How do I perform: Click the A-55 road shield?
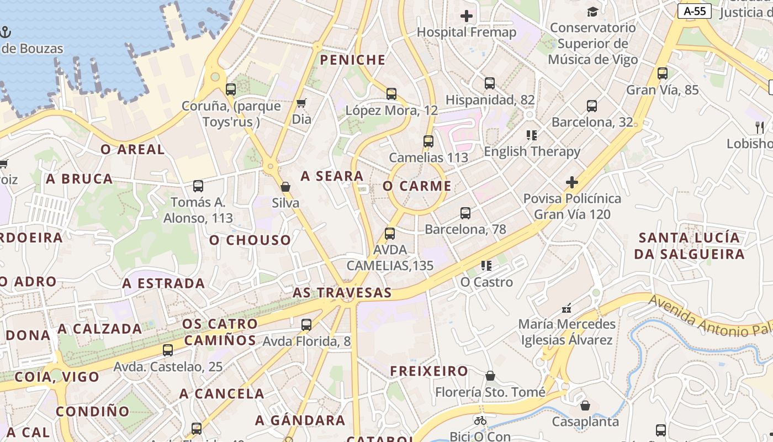point(694,10)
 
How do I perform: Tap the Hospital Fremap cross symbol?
point(467,16)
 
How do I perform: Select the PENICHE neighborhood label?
point(353,60)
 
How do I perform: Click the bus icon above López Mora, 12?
point(391,94)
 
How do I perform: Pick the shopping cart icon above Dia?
point(301,103)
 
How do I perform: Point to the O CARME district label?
point(417,186)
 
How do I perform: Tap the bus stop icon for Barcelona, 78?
point(465,213)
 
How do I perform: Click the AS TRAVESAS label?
point(342,293)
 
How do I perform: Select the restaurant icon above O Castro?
point(486,266)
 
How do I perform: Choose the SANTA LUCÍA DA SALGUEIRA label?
point(689,246)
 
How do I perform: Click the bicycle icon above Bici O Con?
point(480,420)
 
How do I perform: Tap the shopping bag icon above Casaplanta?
point(585,406)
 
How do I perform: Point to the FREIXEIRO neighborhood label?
point(429,371)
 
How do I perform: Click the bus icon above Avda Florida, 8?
point(306,325)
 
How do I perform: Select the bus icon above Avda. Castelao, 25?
point(168,350)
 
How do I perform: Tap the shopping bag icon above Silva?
point(285,187)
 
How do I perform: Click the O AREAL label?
point(133,149)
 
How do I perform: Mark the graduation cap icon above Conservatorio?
point(592,12)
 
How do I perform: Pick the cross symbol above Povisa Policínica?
point(572,182)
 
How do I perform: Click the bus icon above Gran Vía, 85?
point(663,73)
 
